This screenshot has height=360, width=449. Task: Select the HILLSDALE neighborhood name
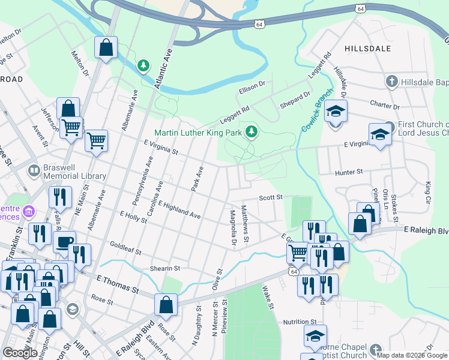[x=368, y=48]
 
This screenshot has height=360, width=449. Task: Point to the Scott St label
[x=270, y=197]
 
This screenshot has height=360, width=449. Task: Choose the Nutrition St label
[x=300, y=322]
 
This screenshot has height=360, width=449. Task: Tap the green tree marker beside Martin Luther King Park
[x=252, y=131]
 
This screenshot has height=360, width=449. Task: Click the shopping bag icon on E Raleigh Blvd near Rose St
[x=166, y=304]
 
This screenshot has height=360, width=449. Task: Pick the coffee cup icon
[x=64, y=241]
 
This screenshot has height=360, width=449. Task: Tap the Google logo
[x=20, y=353]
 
